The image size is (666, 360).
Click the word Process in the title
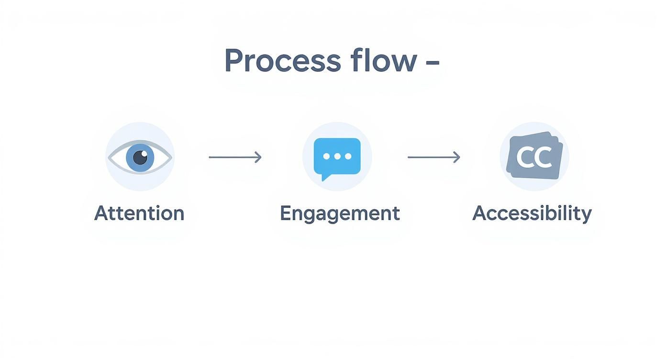tap(282, 61)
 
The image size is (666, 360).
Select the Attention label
tap(139, 213)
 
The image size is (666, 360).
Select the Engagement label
tap(340, 213)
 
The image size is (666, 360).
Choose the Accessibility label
tap(532, 213)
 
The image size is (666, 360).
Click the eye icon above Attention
tap(140, 157)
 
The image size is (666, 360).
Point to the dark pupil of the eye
tap(140, 157)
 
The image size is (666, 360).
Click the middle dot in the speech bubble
tap(337, 157)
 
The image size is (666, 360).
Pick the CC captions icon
tap(534, 156)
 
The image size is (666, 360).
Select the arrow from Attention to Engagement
tap(235, 157)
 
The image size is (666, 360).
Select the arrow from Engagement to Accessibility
tap(433, 157)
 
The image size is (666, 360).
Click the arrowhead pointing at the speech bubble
tap(258, 157)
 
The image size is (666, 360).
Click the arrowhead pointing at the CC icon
tap(457, 157)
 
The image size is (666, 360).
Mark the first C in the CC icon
tap(526, 157)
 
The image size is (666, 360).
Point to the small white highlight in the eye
tap(144, 153)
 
